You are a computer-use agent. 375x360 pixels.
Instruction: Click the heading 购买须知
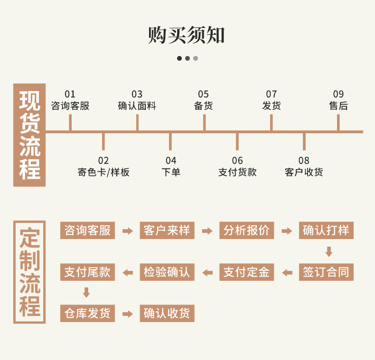(187, 35)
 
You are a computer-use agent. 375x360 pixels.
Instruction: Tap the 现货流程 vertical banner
(29, 135)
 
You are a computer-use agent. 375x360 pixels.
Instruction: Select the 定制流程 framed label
(29, 272)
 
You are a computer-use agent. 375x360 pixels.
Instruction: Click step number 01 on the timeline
(70, 94)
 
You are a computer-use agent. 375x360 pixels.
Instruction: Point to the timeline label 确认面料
(137, 106)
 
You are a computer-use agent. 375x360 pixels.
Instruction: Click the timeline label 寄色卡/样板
(103, 172)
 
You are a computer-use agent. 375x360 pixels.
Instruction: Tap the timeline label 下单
(171, 172)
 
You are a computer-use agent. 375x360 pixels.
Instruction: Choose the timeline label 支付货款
(237, 172)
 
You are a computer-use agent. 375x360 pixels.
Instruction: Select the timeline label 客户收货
(304, 172)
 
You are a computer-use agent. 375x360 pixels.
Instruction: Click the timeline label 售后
(338, 106)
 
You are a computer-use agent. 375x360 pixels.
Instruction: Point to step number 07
(271, 94)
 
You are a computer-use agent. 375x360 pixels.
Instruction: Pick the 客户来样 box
(167, 231)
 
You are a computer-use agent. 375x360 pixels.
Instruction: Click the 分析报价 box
(246, 231)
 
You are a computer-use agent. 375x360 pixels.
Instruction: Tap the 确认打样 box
(326, 231)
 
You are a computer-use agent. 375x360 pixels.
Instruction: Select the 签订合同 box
(326, 272)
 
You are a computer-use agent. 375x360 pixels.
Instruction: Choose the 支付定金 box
(246, 272)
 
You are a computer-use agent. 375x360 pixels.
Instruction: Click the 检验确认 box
(167, 272)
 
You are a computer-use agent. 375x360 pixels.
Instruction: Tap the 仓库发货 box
(87, 313)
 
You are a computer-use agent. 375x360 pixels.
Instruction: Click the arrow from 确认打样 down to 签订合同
(328, 251)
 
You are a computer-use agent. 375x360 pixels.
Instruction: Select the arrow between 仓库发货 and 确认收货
(127, 314)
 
